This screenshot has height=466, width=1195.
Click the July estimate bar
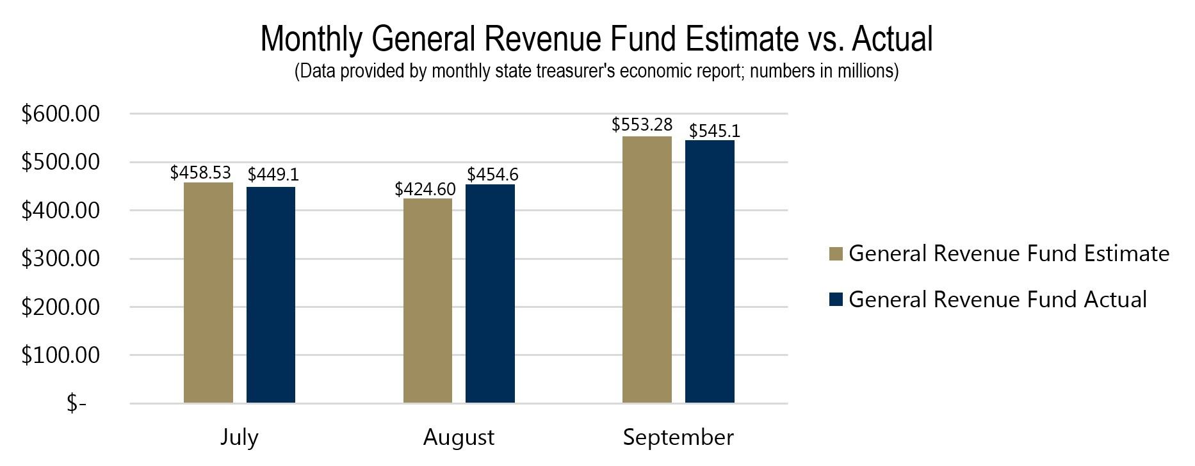click(208, 293)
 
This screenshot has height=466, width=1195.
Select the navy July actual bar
click(271, 294)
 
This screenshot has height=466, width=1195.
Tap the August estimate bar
click(427, 300)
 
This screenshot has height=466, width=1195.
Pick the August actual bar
click(490, 293)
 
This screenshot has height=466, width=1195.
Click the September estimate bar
click(647, 269)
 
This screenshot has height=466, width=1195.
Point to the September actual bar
click(710, 271)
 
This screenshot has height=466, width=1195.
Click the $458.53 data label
click(200, 173)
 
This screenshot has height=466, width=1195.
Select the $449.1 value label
click(273, 175)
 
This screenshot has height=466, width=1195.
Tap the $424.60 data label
click(425, 189)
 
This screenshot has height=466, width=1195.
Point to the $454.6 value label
click(492, 175)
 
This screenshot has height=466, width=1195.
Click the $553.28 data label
click(642, 125)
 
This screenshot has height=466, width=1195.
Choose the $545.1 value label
click(714, 131)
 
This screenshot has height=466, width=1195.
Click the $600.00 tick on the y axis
click(61, 114)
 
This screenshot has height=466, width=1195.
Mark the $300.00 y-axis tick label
click(61, 259)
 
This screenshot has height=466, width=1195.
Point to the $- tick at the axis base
click(76, 404)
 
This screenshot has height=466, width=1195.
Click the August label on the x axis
click(459, 438)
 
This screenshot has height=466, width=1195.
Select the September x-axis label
click(678, 438)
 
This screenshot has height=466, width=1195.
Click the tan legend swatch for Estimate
click(835, 254)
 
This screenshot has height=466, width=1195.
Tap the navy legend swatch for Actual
click(835, 300)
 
